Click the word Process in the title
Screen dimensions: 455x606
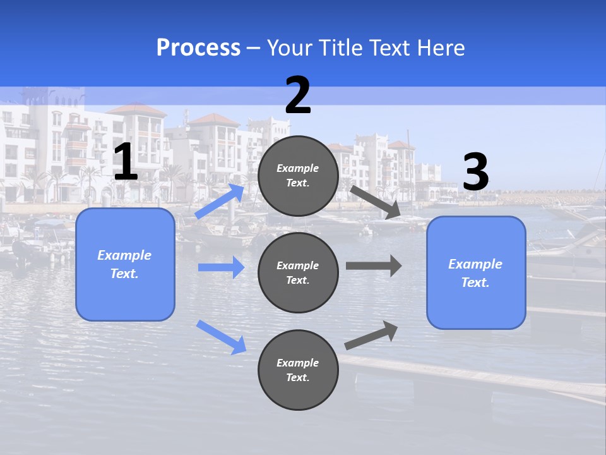tap(198, 47)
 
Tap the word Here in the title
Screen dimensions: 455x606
tap(440, 47)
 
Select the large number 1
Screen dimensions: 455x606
tap(126, 162)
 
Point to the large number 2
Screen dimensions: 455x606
tap(298, 95)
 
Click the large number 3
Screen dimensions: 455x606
tap(475, 173)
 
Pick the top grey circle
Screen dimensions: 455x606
tap(298, 176)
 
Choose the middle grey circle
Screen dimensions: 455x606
tap(298, 272)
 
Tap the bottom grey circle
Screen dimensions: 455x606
tap(298, 370)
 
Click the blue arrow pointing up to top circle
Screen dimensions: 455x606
tap(220, 202)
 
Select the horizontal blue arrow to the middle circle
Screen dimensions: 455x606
tap(221, 267)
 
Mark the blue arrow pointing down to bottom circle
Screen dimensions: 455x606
tap(221, 337)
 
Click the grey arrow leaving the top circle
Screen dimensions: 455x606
tap(376, 202)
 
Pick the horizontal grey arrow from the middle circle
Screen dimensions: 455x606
tap(374, 265)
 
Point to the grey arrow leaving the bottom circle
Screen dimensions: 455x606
tap(372, 336)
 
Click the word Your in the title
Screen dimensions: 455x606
tap(288, 47)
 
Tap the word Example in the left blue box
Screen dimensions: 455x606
tap(124, 255)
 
